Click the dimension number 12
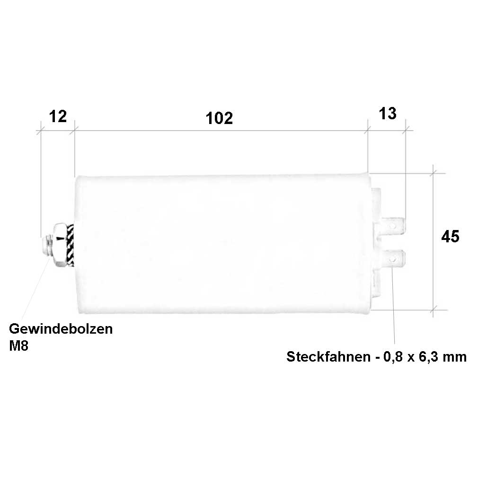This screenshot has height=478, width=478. click(x=58, y=116)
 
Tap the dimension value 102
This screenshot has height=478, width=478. click(x=219, y=118)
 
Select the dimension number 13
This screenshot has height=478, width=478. click(x=388, y=114)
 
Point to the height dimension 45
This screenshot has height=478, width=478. click(x=450, y=237)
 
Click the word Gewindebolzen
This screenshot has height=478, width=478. click(x=61, y=329)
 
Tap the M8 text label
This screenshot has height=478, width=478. click(x=18, y=346)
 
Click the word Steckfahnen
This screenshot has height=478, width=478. click(x=328, y=356)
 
